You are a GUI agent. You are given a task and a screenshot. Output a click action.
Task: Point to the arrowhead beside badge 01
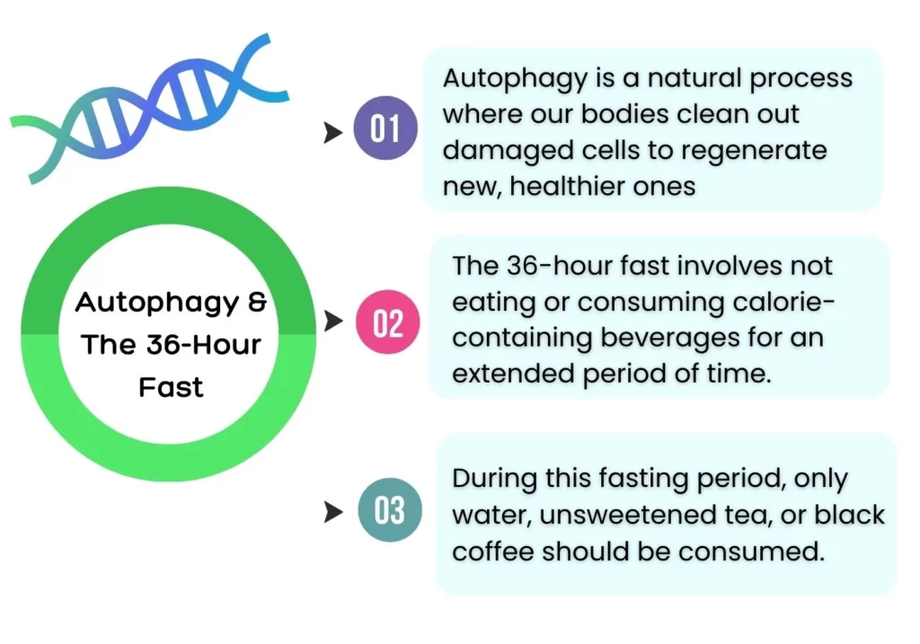(x=333, y=133)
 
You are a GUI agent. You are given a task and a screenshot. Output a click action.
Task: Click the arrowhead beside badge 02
(x=333, y=321)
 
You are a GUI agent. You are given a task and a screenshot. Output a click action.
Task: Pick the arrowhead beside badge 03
(x=333, y=513)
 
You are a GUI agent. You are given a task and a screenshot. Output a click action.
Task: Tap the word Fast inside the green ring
(x=171, y=388)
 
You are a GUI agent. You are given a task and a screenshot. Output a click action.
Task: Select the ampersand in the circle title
(x=257, y=302)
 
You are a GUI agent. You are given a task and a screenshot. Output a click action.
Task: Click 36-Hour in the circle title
(x=199, y=345)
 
